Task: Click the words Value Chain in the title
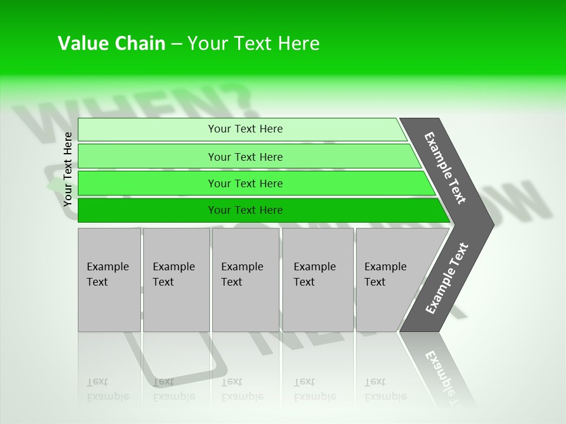pos(111,44)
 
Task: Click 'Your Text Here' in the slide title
pos(254,44)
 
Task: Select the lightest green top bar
pos(147,130)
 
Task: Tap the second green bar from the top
pos(147,157)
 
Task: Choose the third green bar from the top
pos(147,183)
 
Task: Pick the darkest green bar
pos(147,210)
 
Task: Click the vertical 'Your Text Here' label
pos(68,169)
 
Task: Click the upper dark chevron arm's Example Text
pos(445,168)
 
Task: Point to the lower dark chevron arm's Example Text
pos(447,278)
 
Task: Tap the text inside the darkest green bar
pos(245,210)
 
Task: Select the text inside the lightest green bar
pos(245,129)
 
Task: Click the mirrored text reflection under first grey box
pos(107,390)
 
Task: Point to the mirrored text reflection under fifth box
pos(386,390)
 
